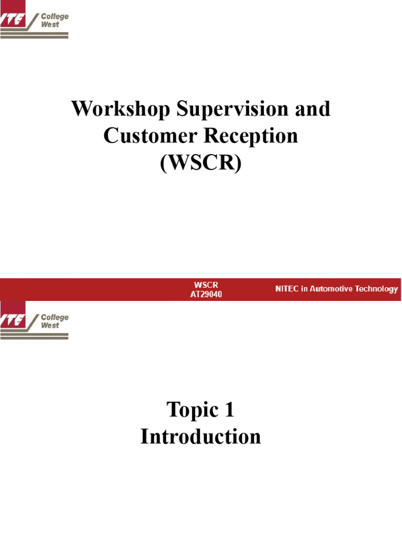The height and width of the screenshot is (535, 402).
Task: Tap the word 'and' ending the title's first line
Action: pos(312,110)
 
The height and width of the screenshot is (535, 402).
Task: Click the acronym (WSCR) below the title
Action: pos(201,164)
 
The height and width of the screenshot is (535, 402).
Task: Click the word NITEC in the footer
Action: pos(287,289)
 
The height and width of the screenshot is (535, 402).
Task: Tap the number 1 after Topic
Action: pos(229,410)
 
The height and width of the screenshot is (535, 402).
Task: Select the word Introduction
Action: pos(201,437)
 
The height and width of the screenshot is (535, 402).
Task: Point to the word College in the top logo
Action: pos(54,17)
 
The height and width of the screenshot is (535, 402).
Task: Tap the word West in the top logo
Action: pos(50,25)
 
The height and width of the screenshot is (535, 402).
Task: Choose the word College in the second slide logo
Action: pos(54,317)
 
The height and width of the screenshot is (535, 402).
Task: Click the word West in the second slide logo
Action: pos(50,325)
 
